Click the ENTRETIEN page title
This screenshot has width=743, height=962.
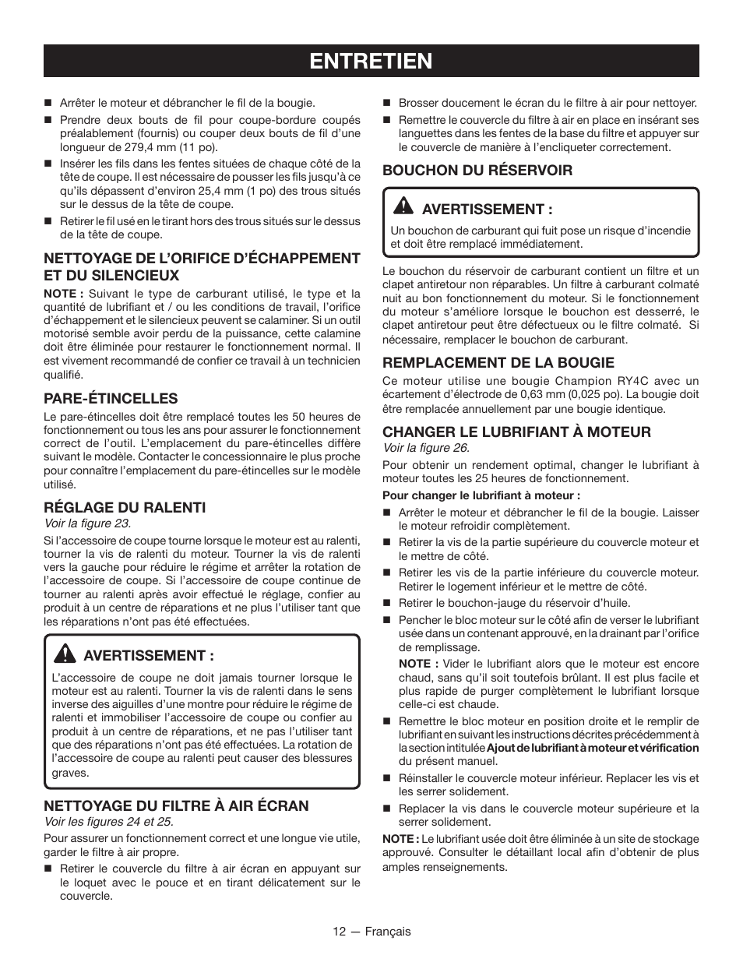pyautogui.click(x=371, y=61)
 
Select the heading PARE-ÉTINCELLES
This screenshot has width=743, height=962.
pyautogui.click(x=111, y=398)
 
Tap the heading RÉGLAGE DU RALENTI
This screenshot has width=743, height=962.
pyautogui.click(x=125, y=507)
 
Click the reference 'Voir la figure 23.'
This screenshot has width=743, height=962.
pyautogui.click(x=87, y=523)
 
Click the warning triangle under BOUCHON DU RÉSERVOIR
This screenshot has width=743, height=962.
pyautogui.click(x=403, y=207)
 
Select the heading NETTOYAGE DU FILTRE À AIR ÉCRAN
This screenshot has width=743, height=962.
pyautogui.click(x=176, y=805)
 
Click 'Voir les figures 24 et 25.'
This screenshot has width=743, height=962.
pyautogui.click(x=108, y=822)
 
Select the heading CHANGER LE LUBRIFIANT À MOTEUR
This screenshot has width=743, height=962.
pyautogui.click(x=516, y=432)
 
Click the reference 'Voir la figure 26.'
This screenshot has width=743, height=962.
pyautogui.click(x=425, y=448)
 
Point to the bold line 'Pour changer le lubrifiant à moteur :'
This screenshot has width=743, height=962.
pyautogui.click(x=481, y=495)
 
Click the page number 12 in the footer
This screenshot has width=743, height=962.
pyautogui.click(x=338, y=932)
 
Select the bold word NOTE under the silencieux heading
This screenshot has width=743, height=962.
pyautogui.click(x=61, y=294)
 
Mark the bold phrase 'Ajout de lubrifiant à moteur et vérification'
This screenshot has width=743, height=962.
pyautogui.click(x=593, y=748)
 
